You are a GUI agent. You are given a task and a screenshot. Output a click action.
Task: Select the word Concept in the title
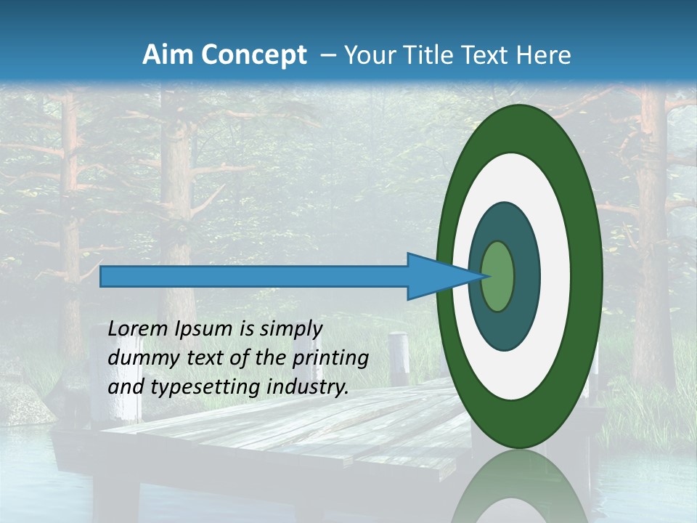[x=255, y=55]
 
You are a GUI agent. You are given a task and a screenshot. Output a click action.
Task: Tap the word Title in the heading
[x=423, y=55]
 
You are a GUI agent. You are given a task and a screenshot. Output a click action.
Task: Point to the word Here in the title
[x=545, y=55]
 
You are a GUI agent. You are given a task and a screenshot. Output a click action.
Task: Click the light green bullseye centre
[x=498, y=276]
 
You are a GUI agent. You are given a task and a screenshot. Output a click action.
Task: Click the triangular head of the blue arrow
[x=436, y=276]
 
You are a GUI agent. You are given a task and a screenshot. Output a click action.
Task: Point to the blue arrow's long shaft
[x=254, y=276]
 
